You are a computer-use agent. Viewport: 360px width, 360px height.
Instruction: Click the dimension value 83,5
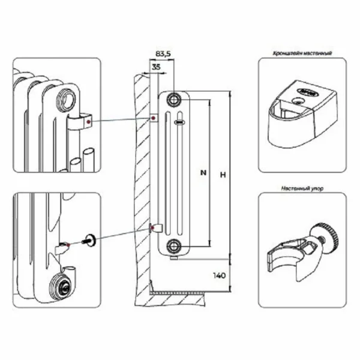tap(163, 54)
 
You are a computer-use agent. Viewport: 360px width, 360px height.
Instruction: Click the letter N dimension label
tap(203, 173)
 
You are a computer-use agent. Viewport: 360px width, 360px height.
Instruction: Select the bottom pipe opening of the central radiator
tap(173, 244)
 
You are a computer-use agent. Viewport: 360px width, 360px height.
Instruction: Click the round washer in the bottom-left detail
tap(91, 241)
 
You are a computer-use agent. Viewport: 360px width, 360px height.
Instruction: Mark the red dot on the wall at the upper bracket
tap(153, 118)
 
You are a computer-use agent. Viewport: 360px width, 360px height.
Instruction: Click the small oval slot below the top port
tap(179, 122)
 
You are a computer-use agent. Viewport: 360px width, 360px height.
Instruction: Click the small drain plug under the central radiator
tap(173, 258)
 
